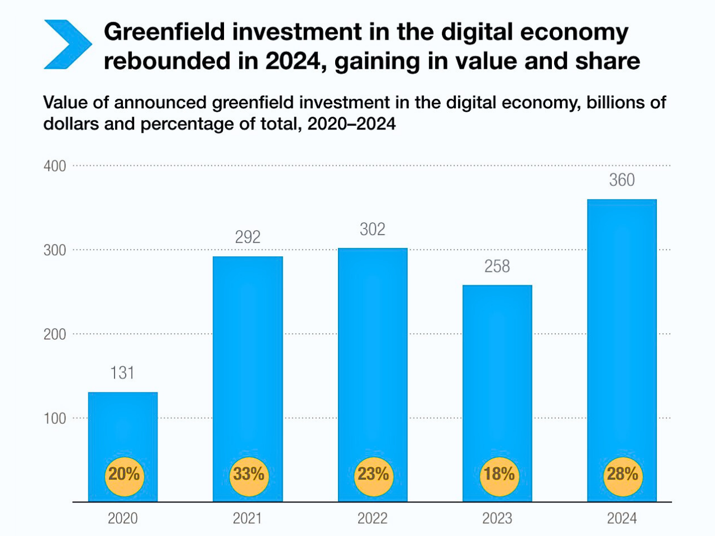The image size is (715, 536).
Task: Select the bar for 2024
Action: [x=622, y=335]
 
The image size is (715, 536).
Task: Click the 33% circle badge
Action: [x=249, y=475]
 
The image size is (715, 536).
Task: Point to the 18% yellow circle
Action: [x=498, y=475]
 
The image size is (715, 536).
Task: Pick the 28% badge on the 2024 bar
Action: [x=622, y=475]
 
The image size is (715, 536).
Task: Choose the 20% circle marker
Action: [x=123, y=475]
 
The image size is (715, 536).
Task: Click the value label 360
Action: [x=622, y=180]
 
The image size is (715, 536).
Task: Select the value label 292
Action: [x=247, y=237]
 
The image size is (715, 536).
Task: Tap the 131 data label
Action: [x=122, y=373]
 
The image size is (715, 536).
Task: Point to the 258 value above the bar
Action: [x=497, y=266]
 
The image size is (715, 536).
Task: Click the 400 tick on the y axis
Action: [x=55, y=166]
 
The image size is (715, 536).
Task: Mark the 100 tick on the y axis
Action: [x=55, y=418]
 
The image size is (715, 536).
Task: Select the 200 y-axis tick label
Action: [x=55, y=334]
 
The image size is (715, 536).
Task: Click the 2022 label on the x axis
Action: [x=372, y=519]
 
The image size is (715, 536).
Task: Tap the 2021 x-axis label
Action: [x=247, y=519]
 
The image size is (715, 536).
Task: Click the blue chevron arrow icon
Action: [x=67, y=45]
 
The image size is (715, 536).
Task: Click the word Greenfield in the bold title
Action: [x=164, y=32]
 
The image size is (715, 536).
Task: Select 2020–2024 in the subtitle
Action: [x=351, y=123]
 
